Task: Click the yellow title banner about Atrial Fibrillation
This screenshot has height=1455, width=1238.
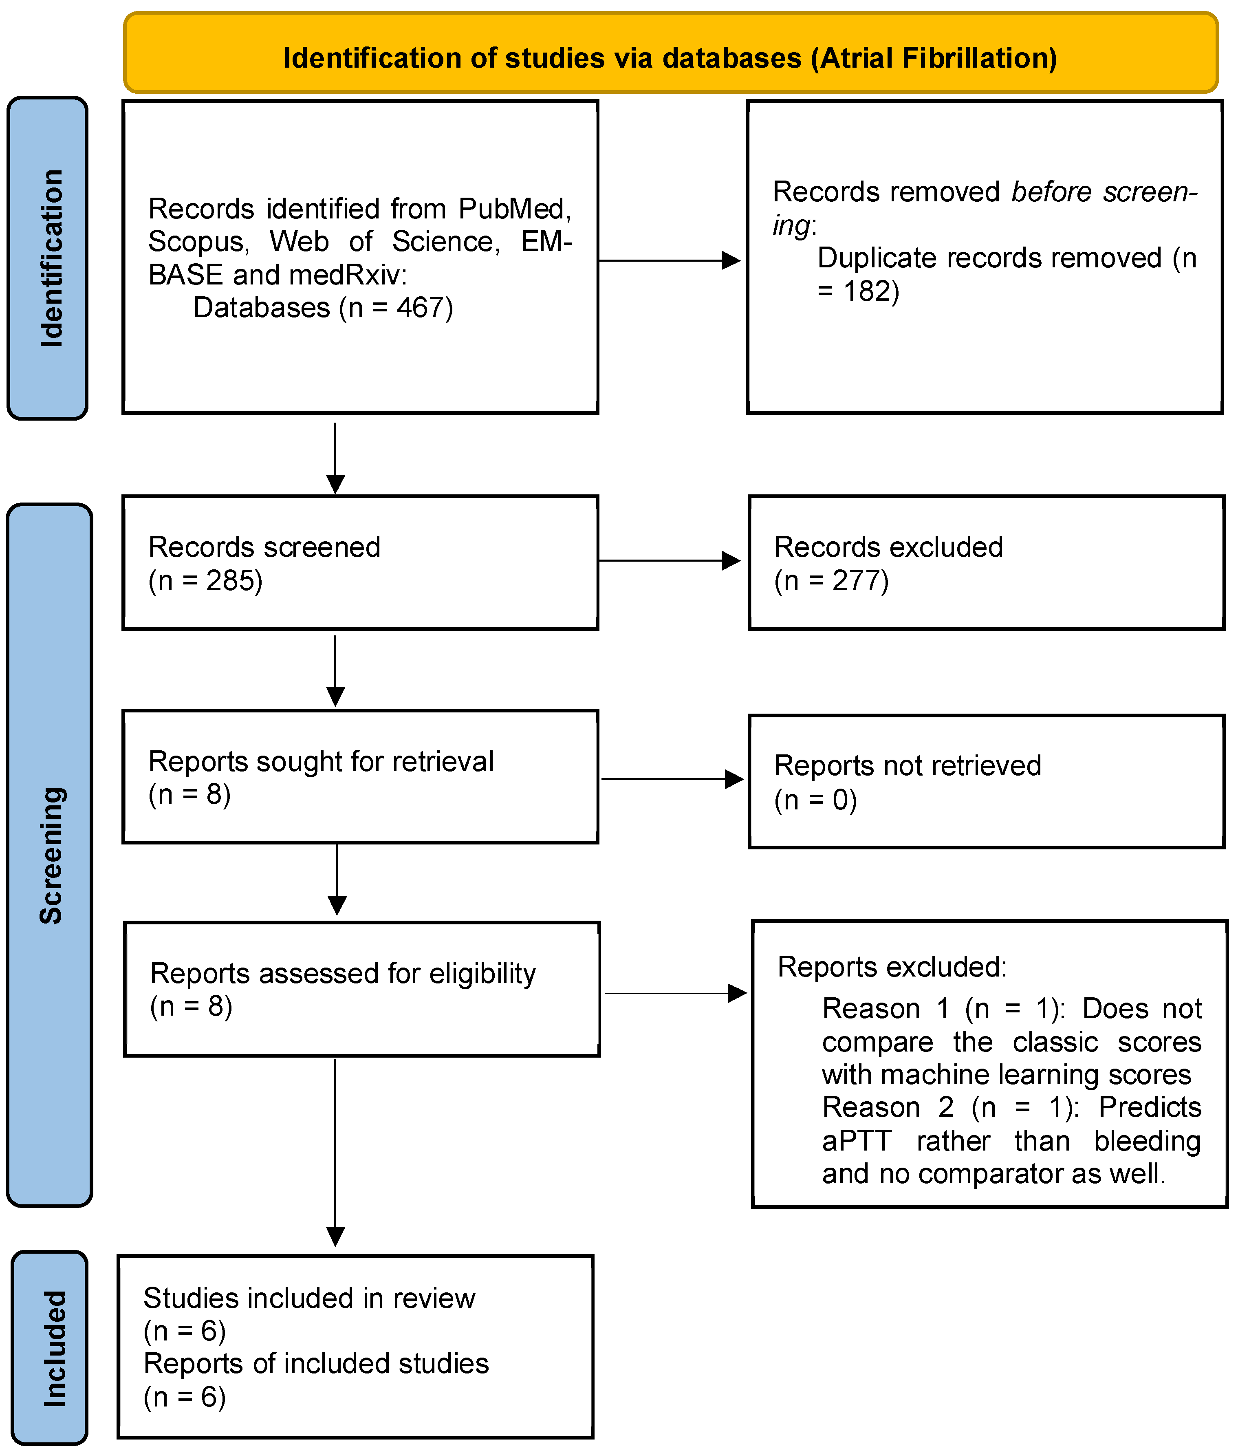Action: tap(670, 53)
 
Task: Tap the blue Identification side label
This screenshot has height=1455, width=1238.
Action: tap(48, 258)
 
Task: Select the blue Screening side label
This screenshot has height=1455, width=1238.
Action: tap(50, 855)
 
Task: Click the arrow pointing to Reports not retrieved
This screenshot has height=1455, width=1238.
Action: tap(672, 779)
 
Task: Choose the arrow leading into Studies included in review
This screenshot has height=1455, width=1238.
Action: tap(335, 1153)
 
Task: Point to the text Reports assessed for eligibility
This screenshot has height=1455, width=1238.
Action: tap(343, 974)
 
